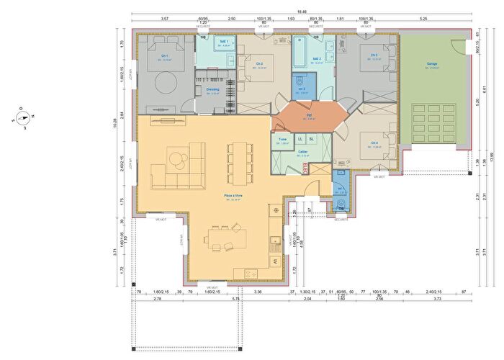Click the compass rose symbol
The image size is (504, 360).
[x=22, y=120]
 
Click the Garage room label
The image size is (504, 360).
[x=432, y=64]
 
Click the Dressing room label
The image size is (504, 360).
[x=212, y=89]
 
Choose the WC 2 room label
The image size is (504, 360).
[x=302, y=89]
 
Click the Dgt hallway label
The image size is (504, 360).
[x=308, y=114]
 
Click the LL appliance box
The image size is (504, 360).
[x=300, y=138]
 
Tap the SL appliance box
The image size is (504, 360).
[x=311, y=138]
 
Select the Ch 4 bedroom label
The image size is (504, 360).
[x=374, y=143]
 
